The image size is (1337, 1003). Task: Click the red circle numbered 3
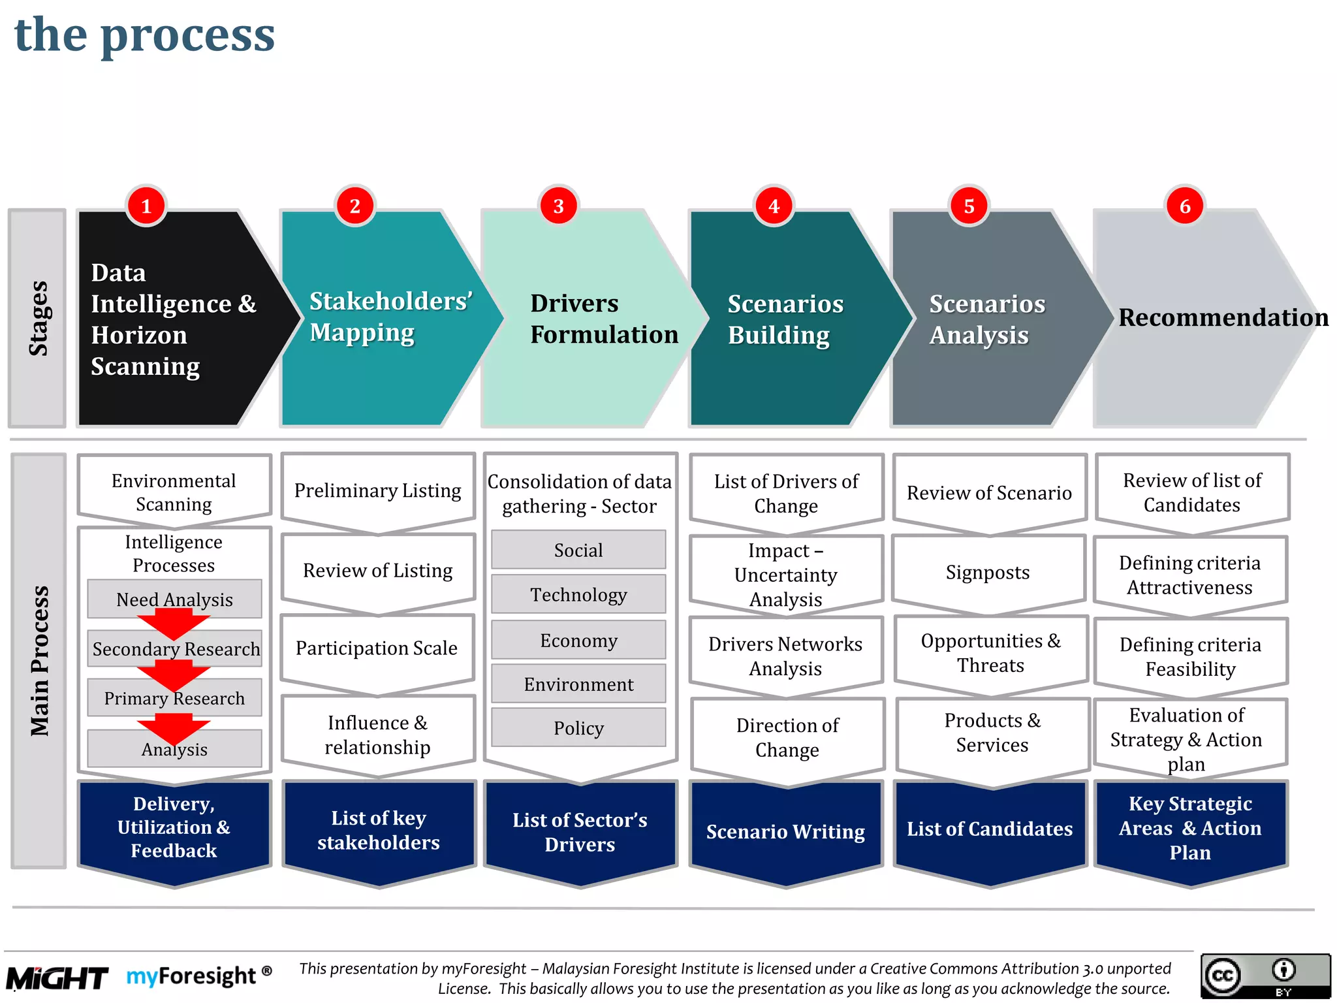[559, 206]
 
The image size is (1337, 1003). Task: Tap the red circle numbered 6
[1185, 206]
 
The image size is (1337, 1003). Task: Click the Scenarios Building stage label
[785, 319]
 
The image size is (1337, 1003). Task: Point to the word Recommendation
[1223, 317]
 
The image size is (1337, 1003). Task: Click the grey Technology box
[578, 594]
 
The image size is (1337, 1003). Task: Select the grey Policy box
[578, 727]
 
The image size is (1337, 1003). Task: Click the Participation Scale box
[377, 648]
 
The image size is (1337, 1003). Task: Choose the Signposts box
[988, 573]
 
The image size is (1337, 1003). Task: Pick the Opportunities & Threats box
[990, 653]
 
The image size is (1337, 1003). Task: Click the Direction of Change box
[787, 737]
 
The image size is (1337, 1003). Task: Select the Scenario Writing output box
[785, 831]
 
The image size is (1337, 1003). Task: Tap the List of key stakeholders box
[379, 830]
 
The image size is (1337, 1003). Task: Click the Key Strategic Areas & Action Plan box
[1190, 828]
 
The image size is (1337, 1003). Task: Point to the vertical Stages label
[38, 318]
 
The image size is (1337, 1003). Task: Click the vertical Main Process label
[39, 660]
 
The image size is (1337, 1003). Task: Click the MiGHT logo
[57, 978]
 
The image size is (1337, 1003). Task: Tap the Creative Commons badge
[1265, 976]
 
